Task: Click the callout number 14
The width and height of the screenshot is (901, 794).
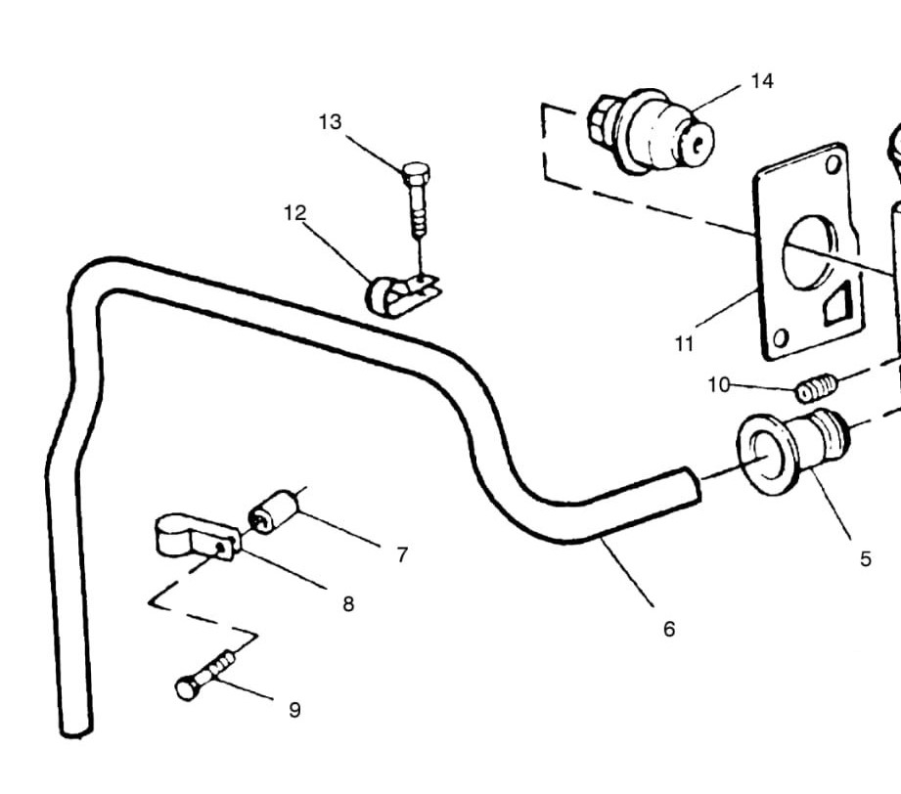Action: click(x=762, y=81)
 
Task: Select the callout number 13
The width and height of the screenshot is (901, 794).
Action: click(x=330, y=122)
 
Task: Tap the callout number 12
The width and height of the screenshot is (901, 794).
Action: click(x=295, y=212)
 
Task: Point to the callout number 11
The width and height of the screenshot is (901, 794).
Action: click(x=684, y=343)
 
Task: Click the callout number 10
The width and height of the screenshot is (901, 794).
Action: click(x=719, y=384)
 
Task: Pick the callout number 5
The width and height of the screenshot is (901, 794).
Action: click(x=865, y=558)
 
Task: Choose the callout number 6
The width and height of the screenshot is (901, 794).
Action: click(x=669, y=629)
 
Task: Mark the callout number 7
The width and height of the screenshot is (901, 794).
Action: click(x=402, y=554)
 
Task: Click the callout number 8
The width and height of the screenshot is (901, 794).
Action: click(x=348, y=603)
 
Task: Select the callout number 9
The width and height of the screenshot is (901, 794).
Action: click(x=294, y=710)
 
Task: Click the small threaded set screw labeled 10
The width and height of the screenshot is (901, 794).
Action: click(x=814, y=389)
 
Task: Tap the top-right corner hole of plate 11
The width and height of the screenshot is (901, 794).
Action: click(x=833, y=164)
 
